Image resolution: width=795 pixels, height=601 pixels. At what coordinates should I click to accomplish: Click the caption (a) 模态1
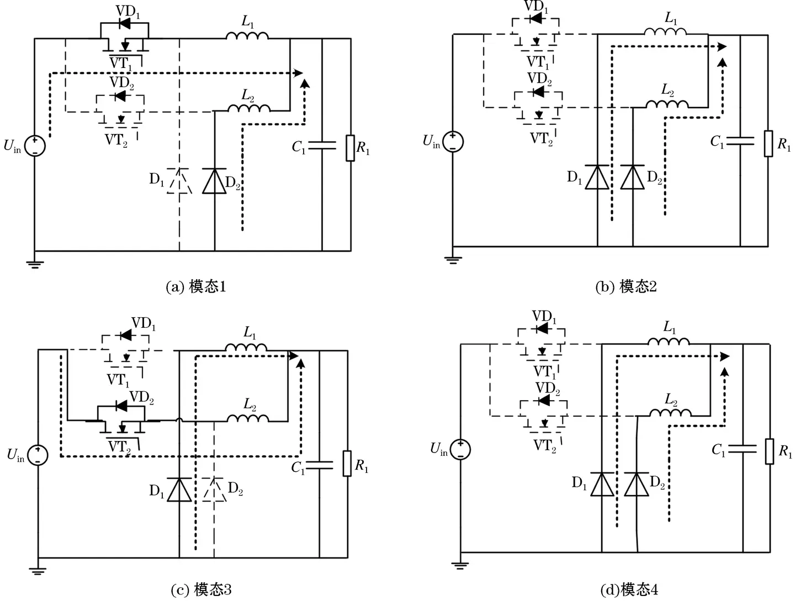(x=196, y=287)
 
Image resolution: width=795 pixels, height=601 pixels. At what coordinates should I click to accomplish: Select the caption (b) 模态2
(x=626, y=287)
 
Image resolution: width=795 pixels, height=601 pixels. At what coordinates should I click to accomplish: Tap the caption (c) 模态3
(x=202, y=589)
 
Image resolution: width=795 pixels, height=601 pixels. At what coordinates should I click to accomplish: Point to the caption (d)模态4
(x=629, y=589)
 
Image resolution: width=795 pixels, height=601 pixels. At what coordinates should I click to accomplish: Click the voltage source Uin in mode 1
(x=34, y=146)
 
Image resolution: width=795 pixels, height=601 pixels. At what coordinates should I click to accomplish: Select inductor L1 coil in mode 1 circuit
(x=247, y=35)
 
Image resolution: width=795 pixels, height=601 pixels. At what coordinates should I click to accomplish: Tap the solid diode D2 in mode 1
(x=214, y=182)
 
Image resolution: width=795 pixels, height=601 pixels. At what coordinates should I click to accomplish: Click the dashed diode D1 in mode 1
(x=179, y=182)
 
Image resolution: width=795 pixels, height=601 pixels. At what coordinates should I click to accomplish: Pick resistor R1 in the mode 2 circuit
(x=768, y=143)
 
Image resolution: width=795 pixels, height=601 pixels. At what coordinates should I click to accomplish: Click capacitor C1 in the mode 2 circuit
(x=740, y=141)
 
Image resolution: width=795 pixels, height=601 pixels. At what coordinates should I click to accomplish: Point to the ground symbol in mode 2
(x=453, y=259)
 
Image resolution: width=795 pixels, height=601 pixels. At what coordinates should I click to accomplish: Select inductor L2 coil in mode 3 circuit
(x=248, y=419)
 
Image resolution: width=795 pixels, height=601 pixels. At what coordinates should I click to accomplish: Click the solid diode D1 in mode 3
(x=179, y=490)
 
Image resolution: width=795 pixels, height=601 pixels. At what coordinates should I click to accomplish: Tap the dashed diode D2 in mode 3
(x=214, y=490)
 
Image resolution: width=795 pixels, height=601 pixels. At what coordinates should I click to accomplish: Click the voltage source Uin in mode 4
(x=460, y=449)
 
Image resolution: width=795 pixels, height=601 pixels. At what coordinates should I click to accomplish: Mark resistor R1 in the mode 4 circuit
(x=770, y=451)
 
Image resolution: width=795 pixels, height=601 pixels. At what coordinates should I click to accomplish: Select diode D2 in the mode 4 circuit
(x=637, y=485)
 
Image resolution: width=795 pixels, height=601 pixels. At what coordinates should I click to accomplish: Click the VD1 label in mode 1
(x=128, y=13)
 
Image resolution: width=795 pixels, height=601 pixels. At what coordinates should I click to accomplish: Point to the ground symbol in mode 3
(x=38, y=571)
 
